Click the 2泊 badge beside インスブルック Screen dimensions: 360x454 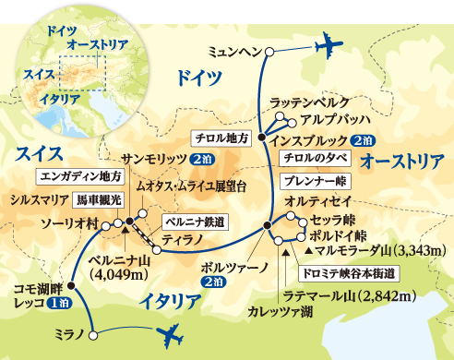(x=362, y=140)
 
